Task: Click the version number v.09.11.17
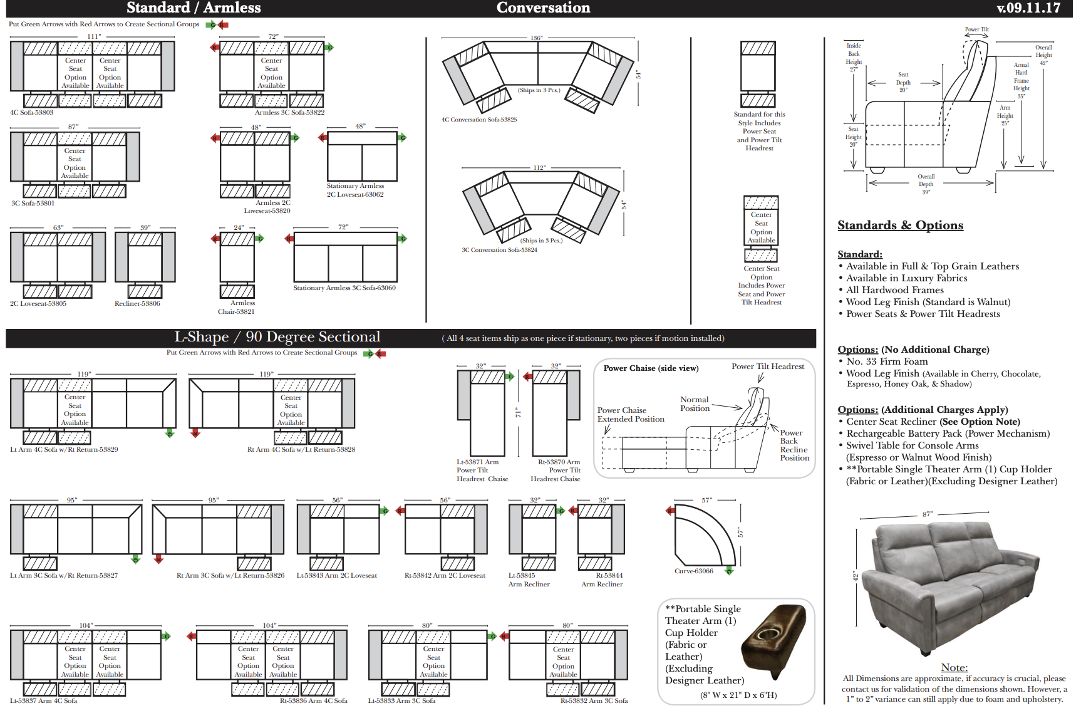1028,8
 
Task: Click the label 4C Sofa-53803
32,113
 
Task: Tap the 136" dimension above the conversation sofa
536,38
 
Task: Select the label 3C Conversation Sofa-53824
499,250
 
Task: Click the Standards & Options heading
900,226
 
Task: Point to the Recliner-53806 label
137,304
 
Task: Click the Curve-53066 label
694,571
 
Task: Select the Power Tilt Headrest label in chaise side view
768,367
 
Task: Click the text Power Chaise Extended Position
630,415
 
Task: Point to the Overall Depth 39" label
926,184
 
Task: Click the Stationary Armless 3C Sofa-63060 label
344,288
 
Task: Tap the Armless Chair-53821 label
237,307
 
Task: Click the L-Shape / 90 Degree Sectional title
277,337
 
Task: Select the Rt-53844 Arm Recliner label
602,580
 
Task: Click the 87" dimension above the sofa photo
928,514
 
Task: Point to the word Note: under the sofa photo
954,668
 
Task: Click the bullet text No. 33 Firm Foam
887,361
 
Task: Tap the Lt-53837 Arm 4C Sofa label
44,701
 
